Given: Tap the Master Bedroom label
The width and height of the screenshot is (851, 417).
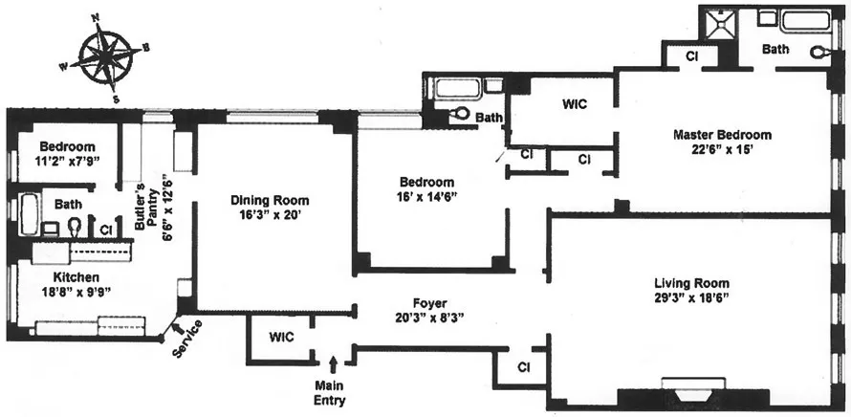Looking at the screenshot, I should click(x=721, y=135).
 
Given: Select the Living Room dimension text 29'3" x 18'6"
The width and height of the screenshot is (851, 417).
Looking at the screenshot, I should click(x=691, y=300).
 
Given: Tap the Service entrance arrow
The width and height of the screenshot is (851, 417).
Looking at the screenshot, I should click(x=178, y=330).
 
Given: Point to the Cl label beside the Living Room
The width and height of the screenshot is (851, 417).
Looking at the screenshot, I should click(x=523, y=366).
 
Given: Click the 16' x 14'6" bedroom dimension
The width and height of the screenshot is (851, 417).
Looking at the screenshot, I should click(x=427, y=197).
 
